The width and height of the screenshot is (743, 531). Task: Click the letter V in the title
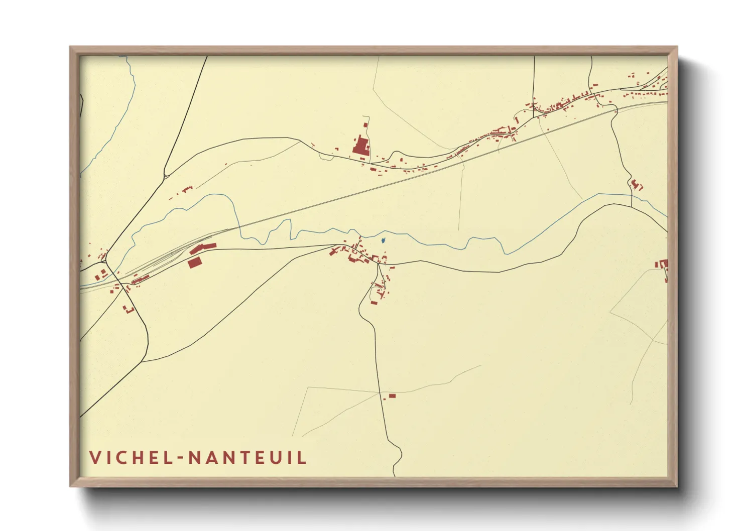[95, 457]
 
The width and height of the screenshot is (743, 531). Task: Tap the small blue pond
[384, 241]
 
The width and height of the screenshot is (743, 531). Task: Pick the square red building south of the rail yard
[194, 262]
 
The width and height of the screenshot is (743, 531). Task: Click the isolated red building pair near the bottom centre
[390, 396]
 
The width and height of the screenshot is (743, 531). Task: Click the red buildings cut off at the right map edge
[663, 265]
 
